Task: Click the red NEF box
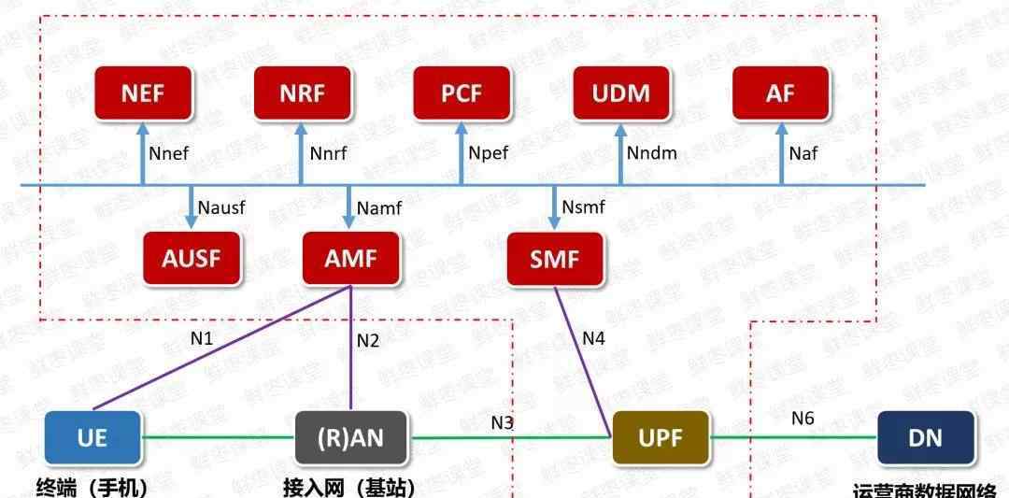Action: coord(143,93)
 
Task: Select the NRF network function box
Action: coord(302,93)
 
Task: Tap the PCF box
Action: coord(462,93)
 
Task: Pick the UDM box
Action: coord(620,93)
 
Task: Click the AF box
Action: coord(780,93)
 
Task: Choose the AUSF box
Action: coord(192,258)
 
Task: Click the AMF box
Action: coord(351,258)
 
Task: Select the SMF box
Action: coord(555,258)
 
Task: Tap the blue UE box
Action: coord(92,437)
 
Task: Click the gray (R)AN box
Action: coord(351,437)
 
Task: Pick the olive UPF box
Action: coord(661,437)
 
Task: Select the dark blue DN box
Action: coord(926,437)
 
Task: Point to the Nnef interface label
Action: coord(169,153)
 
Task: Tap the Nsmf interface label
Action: coord(584,206)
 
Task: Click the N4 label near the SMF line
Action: coord(594,338)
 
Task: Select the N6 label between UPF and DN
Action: coord(803,419)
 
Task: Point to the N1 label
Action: coord(201,338)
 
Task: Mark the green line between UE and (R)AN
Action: coord(218,437)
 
